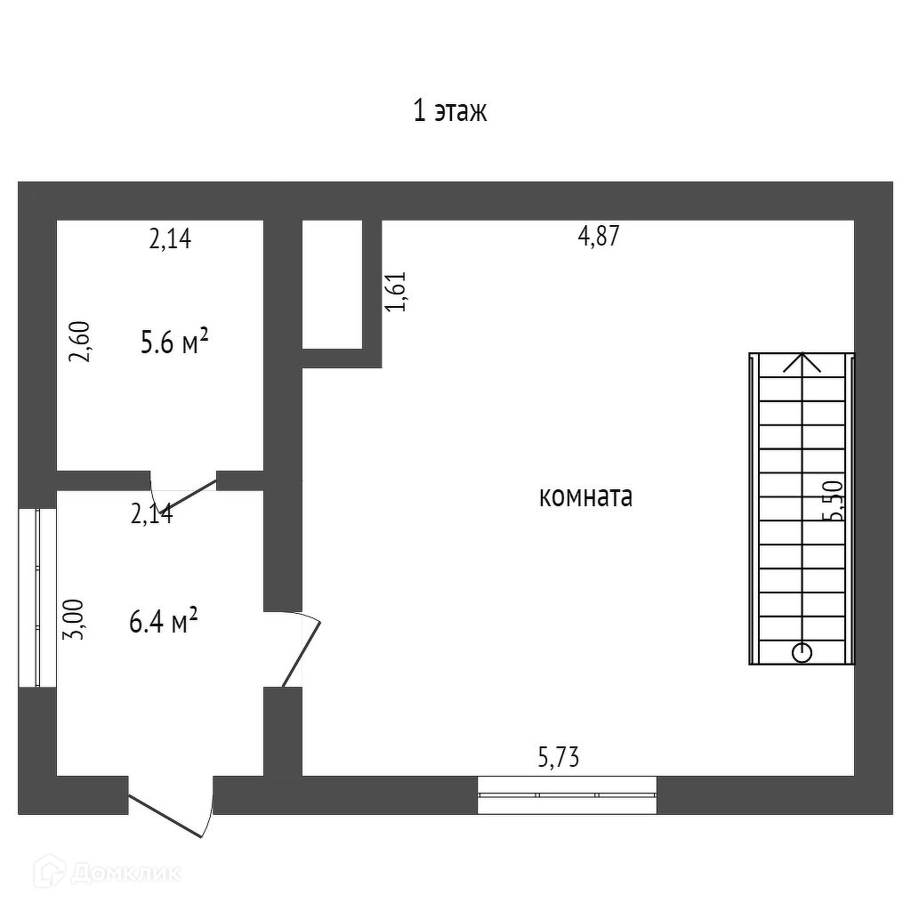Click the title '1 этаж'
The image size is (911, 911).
click(450, 112)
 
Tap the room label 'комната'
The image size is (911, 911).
click(585, 496)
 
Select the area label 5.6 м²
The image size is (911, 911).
click(174, 342)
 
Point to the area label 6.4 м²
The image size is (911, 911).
click(163, 621)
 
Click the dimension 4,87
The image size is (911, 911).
click(598, 237)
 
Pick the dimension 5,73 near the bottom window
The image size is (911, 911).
click(559, 758)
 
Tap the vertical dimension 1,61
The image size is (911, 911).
click(396, 291)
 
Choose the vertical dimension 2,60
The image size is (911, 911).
click(80, 342)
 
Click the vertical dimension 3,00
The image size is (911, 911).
click(77, 619)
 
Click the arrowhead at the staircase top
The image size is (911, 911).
click(803, 362)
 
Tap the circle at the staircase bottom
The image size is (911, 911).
click(802, 652)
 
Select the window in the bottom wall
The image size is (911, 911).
click(567, 794)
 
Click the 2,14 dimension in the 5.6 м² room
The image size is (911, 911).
click(170, 238)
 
